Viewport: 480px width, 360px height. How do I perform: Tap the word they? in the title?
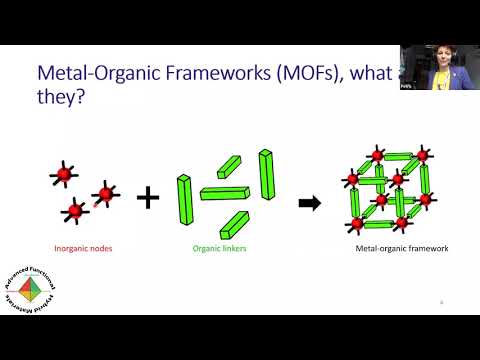(x=62, y=103)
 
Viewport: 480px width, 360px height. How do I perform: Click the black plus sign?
(x=148, y=197)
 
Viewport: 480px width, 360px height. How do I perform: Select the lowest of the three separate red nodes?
(x=74, y=210)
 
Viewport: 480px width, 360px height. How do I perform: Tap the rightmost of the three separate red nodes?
(x=104, y=193)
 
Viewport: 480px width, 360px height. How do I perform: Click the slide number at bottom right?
(x=442, y=301)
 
